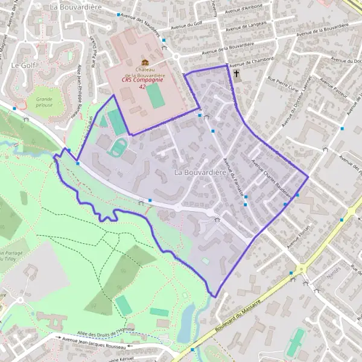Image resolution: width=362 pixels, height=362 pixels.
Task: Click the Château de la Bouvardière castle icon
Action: pyautogui.click(x=145, y=63)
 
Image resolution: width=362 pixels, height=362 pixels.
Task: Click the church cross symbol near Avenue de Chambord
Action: pyautogui.click(x=237, y=74)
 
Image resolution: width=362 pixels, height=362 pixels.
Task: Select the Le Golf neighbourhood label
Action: pyautogui.click(x=22, y=65)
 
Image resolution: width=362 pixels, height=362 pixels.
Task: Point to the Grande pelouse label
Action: pyautogui.click(x=44, y=101)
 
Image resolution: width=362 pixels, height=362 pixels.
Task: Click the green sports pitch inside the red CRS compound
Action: pyautogui.click(x=156, y=95)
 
